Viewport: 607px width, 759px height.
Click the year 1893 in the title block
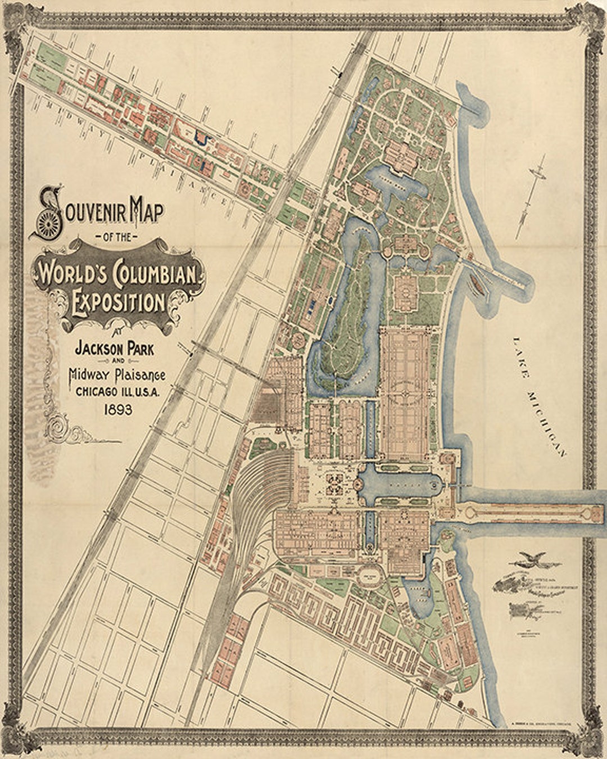[117, 409]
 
